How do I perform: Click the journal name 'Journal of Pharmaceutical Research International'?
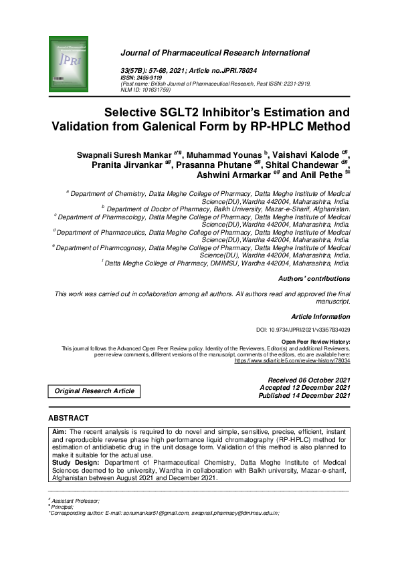coord(215,52)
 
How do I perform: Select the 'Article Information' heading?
coord(321,316)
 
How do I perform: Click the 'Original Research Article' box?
coord(94,390)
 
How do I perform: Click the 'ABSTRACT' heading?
coord(68,419)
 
